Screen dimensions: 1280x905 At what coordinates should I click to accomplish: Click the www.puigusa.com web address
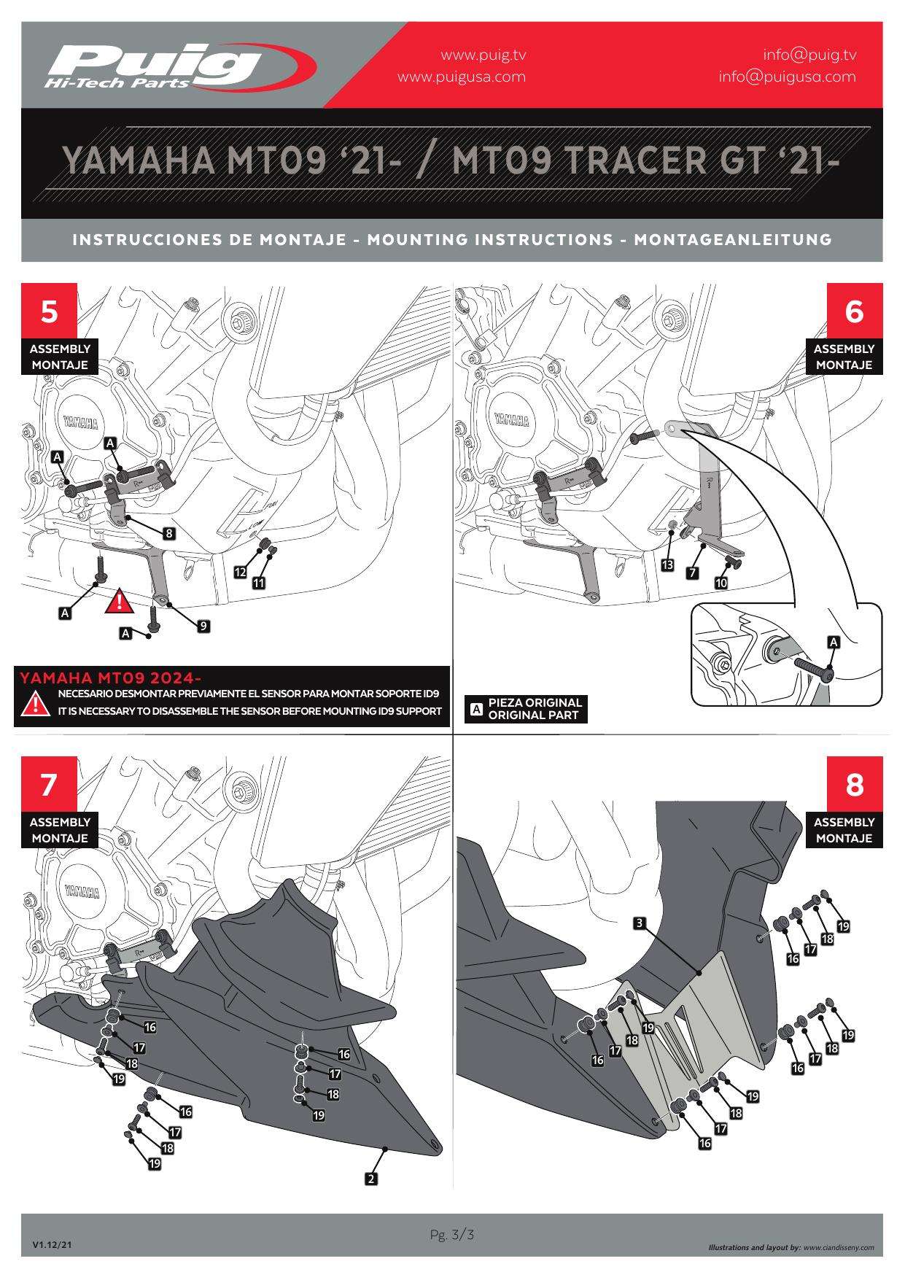[x=462, y=77]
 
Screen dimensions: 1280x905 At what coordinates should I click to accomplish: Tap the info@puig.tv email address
[x=809, y=55]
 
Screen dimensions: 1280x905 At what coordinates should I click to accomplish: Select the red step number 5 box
[x=49, y=311]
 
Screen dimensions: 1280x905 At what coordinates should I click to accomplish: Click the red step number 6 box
[x=854, y=311]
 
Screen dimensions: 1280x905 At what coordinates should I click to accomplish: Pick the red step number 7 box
[x=49, y=784]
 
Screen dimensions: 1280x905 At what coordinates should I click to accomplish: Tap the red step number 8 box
[x=854, y=784]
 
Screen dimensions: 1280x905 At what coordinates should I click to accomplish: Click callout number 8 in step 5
[x=169, y=533]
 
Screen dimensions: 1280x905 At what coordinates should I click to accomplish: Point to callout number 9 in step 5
[x=204, y=626]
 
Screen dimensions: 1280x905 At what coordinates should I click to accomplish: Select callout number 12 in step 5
[x=240, y=573]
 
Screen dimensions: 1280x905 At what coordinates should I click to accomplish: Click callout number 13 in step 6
[x=667, y=565]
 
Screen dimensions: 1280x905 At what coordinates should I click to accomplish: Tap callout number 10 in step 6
[x=721, y=583]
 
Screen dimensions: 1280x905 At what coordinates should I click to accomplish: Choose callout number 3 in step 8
[x=640, y=923]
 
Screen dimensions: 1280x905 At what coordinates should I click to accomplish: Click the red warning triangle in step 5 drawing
[x=118, y=602]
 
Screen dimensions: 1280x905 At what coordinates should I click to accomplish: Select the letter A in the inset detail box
[x=834, y=642]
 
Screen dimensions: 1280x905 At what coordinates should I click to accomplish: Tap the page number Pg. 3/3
[x=452, y=1235]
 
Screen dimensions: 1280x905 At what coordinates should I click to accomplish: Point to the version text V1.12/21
[x=52, y=1245]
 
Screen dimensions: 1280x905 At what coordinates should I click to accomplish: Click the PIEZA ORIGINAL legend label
[x=535, y=702]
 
